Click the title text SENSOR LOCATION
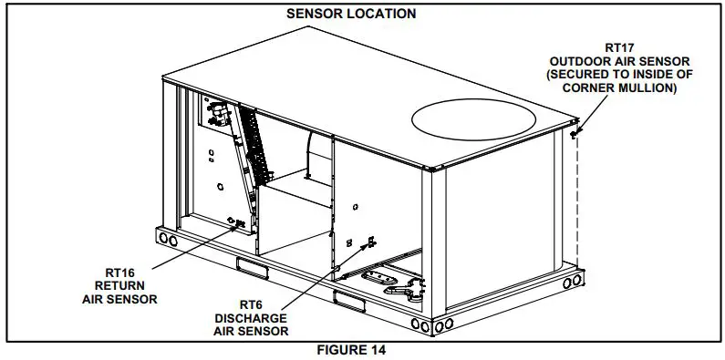[351, 14]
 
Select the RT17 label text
[625, 46]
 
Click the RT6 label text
[251, 304]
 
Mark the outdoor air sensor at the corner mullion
[575, 133]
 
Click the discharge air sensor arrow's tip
[371, 242]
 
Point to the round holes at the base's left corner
[170, 238]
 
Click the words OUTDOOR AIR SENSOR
[625, 60]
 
